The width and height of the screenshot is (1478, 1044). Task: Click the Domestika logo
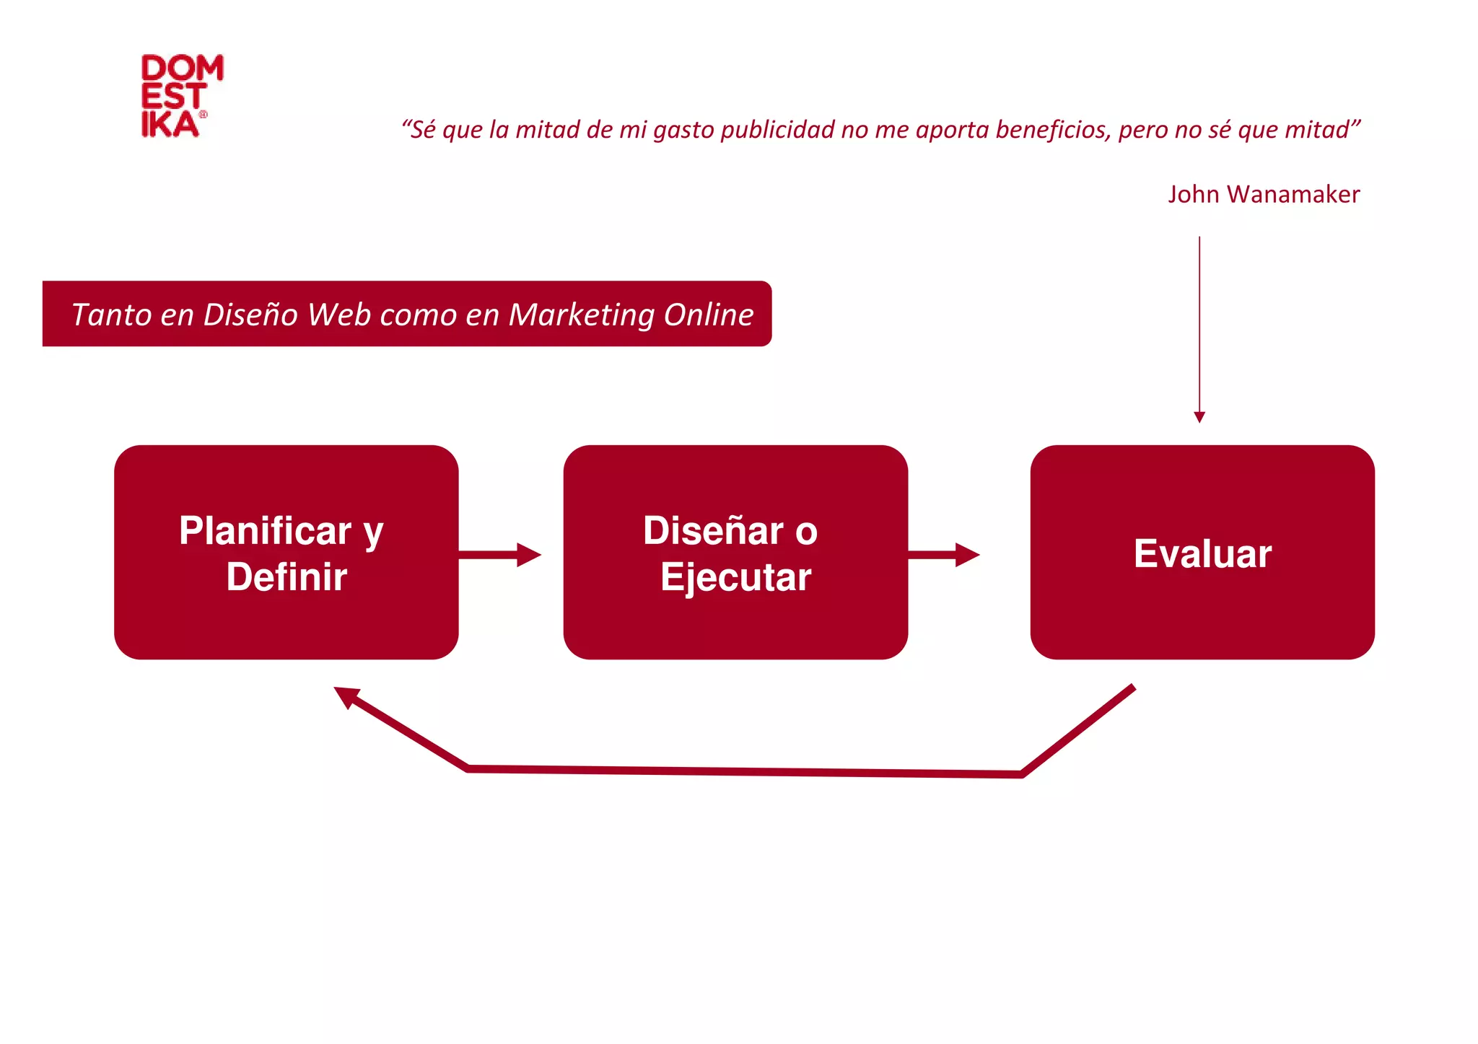[181, 95]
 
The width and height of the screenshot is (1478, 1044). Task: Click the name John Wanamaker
[1263, 194]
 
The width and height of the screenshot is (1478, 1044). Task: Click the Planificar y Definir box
[286, 552]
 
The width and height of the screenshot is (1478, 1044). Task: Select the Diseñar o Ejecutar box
[735, 552]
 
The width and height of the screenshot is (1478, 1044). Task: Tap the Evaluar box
[1202, 552]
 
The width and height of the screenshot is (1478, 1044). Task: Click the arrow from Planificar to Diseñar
[499, 555]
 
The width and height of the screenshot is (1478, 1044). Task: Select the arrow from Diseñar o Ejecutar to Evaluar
[943, 555]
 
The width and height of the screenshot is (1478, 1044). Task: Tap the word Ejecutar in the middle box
[735, 577]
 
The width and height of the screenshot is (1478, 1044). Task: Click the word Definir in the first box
[287, 577]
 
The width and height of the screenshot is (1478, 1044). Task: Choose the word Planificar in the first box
[265, 531]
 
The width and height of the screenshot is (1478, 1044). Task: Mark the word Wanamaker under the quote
[1293, 194]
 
